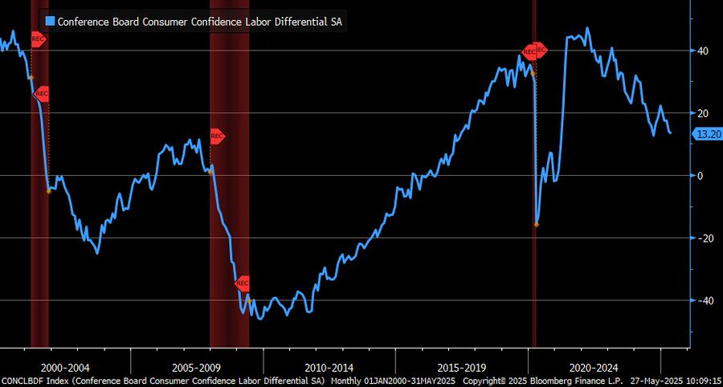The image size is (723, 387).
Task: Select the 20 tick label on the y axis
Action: [702, 113]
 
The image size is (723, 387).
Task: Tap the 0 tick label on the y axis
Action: [701, 175]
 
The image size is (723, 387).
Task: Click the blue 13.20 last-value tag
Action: [706, 134]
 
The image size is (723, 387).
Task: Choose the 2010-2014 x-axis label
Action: [329, 367]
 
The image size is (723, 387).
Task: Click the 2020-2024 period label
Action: [593, 367]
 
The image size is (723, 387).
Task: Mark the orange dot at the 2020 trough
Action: [537, 224]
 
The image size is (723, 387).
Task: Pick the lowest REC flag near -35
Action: [243, 283]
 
